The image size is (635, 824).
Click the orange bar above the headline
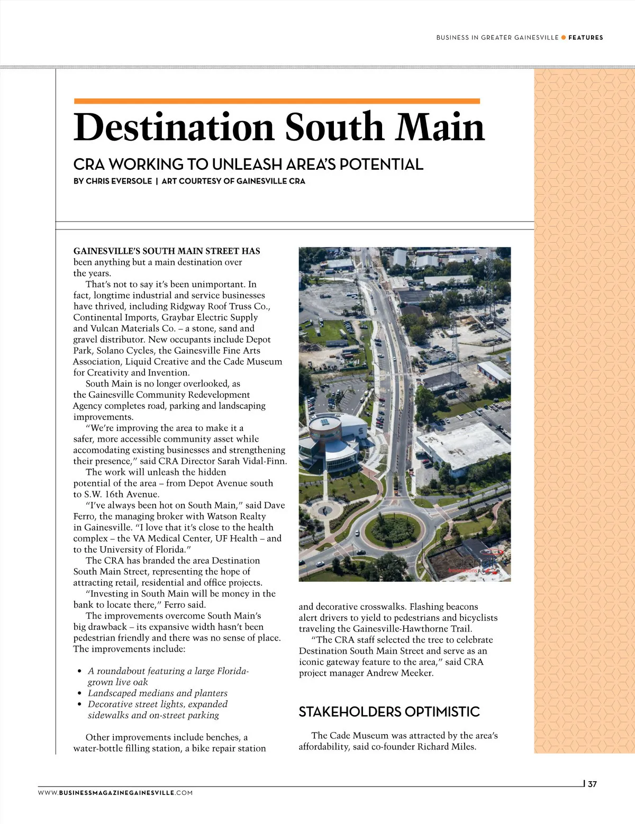tap(277, 101)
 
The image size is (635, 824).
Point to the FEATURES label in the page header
tap(585, 38)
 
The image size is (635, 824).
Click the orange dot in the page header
tap(564, 38)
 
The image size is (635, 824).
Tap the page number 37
tap(592, 784)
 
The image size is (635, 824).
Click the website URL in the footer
tap(115, 793)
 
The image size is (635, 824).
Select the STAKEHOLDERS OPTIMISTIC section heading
tap(389, 712)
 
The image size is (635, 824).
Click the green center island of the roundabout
tap(392, 529)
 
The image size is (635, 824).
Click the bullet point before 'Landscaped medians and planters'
tap(80, 693)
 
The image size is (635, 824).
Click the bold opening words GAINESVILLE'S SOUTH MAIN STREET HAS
tap(167, 251)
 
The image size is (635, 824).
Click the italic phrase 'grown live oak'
tap(118, 682)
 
